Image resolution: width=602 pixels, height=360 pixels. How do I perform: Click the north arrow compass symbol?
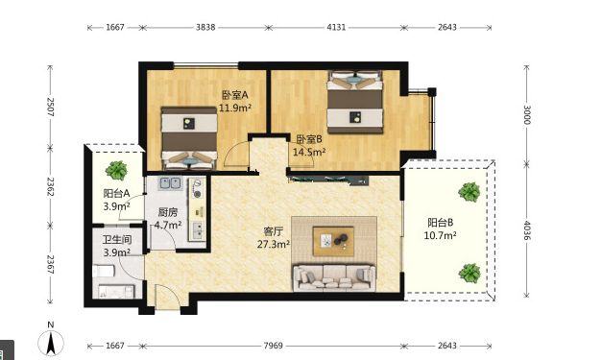coord(51,342)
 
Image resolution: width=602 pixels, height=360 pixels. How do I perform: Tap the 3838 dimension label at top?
coord(205,27)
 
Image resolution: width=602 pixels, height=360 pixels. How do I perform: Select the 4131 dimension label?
coord(336,27)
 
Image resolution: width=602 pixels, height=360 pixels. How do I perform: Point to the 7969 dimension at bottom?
coord(273,346)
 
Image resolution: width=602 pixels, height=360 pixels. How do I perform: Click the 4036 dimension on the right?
coord(527,230)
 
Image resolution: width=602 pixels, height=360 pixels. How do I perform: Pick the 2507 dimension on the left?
coord(50,108)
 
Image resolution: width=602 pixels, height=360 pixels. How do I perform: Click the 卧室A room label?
coord(235,94)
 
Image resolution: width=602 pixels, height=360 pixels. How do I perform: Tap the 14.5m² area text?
coord(309,152)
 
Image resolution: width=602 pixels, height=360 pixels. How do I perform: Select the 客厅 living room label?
coord(274,231)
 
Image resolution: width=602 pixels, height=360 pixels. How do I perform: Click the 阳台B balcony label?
coord(441,222)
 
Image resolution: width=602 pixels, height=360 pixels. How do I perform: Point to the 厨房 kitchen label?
coord(168,212)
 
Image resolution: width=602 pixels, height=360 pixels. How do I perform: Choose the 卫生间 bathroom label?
coord(117,240)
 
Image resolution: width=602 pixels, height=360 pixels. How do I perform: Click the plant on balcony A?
coord(116,171)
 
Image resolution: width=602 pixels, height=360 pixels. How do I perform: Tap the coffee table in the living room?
coord(333,241)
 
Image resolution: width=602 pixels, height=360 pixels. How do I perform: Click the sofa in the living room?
coord(333,277)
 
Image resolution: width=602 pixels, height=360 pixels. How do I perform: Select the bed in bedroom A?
coord(189,138)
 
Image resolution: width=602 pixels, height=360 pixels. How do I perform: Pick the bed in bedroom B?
coord(355,102)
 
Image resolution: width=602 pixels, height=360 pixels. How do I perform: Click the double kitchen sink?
coord(170,183)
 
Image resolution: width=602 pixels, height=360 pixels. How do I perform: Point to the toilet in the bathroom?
coord(104,271)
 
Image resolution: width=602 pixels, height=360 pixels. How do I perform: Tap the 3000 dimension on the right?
coord(527,115)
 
